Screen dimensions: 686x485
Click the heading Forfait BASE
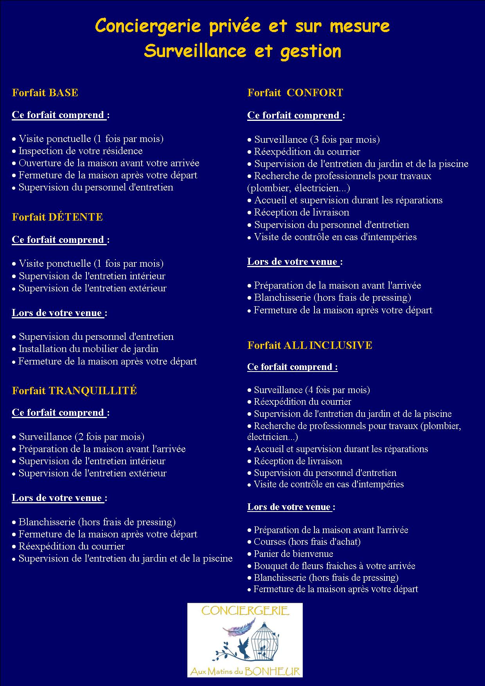click(x=45, y=93)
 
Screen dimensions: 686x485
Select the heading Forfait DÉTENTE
click(x=57, y=217)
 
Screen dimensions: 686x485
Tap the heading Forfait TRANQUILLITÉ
click(x=74, y=391)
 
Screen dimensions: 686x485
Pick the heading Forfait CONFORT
click(x=295, y=93)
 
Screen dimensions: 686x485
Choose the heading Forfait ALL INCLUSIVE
click(x=310, y=345)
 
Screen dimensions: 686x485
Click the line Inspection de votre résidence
click(x=80, y=151)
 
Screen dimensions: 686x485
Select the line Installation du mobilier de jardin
click(x=88, y=349)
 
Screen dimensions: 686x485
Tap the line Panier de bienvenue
click(x=293, y=554)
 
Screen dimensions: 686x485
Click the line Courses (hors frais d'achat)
click(x=307, y=542)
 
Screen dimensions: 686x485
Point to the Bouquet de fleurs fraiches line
click(x=334, y=566)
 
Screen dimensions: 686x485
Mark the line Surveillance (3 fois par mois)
click(x=317, y=140)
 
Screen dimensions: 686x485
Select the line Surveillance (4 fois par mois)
click(x=312, y=390)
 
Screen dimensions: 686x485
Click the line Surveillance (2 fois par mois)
click(x=81, y=437)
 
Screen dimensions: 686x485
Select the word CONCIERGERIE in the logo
click(x=245, y=611)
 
